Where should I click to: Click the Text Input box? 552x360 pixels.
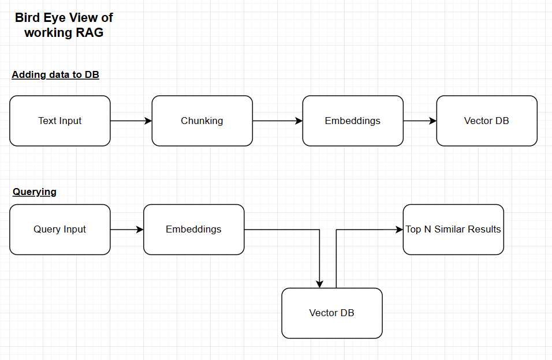[x=60, y=121]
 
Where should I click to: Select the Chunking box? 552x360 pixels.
[x=202, y=121]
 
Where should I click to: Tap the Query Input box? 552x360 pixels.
[x=60, y=229]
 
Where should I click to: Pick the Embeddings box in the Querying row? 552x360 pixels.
[x=193, y=229]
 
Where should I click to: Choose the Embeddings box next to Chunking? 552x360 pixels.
[x=353, y=121]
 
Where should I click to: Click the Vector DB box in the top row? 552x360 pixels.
[x=487, y=121]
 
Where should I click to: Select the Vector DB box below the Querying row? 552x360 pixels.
[x=332, y=313]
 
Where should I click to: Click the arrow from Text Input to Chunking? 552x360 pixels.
[x=130, y=121]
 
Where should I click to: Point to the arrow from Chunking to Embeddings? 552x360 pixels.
[x=277, y=121]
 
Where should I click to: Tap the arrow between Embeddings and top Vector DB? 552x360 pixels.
[x=419, y=121]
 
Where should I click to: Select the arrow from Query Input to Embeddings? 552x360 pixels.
[x=126, y=229]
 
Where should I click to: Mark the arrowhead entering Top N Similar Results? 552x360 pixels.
[x=399, y=229]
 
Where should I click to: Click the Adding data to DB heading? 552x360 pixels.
[x=55, y=74]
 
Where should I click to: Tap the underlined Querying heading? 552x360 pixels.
[x=35, y=192]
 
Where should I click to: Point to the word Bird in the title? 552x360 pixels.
[x=28, y=18]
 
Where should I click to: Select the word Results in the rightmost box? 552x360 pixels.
[x=483, y=229]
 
